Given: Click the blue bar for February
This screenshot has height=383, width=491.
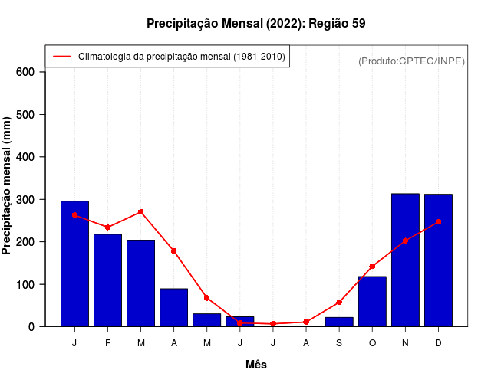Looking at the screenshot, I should pyautogui.click(x=107, y=280).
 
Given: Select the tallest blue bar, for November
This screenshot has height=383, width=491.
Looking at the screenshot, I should pyautogui.click(x=405, y=260).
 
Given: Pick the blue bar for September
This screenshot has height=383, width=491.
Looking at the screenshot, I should pyautogui.click(x=339, y=322).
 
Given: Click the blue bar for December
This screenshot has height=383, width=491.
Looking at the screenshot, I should pyautogui.click(x=438, y=260).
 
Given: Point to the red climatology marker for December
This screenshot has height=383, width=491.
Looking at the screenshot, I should pyautogui.click(x=438, y=222).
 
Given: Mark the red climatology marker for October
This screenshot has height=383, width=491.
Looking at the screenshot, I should pyautogui.click(x=372, y=267).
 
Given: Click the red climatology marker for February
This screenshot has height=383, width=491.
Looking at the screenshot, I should pyautogui.click(x=107, y=228).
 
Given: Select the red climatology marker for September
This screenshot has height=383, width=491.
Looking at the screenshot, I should pyautogui.click(x=339, y=303).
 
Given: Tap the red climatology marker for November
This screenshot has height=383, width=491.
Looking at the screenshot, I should pyautogui.click(x=405, y=241).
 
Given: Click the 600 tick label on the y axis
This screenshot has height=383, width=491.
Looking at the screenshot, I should pyautogui.click(x=25, y=72).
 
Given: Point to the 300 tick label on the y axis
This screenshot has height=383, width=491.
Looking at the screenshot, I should pyautogui.click(x=25, y=200).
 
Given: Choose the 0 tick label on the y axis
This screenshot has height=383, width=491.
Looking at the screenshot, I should pyautogui.click(x=31, y=327).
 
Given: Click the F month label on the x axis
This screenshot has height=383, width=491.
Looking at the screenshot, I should pyautogui.click(x=107, y=343).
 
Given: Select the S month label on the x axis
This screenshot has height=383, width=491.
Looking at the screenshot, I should pyautogui.click(x=339, y=343).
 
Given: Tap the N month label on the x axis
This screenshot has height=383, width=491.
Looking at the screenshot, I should pyautogui.click(x=405, y=343).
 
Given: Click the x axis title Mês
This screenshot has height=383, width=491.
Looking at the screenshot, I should pyautogui.click(x=256, y=365).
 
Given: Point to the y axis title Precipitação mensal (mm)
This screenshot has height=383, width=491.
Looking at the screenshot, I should pyautogui.click(x=8, y=186).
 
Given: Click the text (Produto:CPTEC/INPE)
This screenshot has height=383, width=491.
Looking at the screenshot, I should pyautogui.click(x=412, y=61).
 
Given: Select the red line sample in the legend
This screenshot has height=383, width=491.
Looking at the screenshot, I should pyautogui.click(x=61, y=57).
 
